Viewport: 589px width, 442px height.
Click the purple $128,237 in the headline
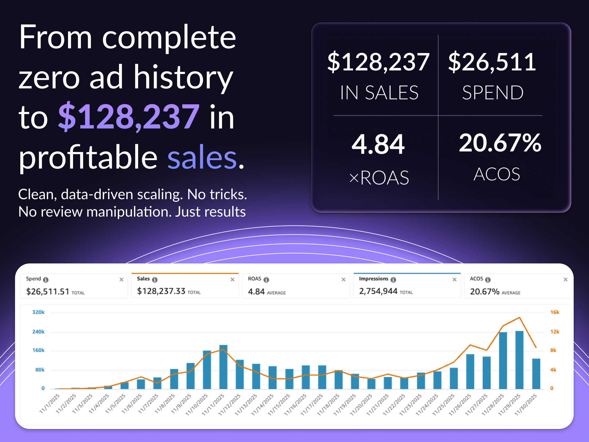coord(129,117)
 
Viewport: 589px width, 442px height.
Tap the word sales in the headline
coord(202,157)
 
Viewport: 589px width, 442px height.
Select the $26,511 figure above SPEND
coord(492,62)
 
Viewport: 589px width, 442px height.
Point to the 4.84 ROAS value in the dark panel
coord(378,144)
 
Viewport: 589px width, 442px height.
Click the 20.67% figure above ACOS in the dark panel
coord(500,143)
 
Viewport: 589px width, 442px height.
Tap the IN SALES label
coord(379,93)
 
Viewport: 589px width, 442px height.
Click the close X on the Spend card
coord(121,280)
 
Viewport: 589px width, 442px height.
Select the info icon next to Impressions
coord(393,280)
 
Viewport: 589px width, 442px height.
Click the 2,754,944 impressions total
coord(378,291)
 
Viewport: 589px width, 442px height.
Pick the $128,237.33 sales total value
coord(161,291)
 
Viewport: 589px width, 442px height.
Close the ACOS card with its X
coord(565,280)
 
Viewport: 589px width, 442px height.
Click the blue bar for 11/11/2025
coord(223,367)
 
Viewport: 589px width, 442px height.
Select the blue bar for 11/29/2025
coord(519,360)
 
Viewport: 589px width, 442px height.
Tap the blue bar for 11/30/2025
coord(536,374)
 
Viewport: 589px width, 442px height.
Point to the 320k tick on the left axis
coord(39,312)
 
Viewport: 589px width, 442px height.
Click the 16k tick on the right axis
coord(555,312)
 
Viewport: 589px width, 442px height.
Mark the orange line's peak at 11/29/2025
coord(519,318)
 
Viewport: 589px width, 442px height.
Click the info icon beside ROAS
coord(267,280)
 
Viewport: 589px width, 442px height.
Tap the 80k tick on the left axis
coord(40,370)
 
